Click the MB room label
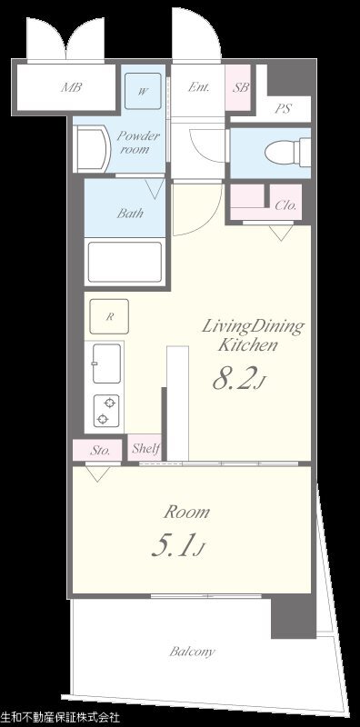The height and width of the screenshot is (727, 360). pos(72,87)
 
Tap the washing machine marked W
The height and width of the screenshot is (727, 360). pos(143,90)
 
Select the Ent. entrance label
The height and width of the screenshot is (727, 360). pos(198,87)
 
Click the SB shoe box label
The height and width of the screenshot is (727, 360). pos(240,87)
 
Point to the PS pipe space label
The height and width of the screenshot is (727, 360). pos(283,109)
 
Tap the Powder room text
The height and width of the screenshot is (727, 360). pos(138,143)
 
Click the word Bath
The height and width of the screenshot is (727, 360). pos(130,214)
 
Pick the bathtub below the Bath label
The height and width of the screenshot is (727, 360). pos(125,262)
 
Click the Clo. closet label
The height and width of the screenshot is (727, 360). pos(285,205)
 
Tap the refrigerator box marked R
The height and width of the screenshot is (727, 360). pos(109,316)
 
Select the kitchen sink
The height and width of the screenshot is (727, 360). pos(106,363)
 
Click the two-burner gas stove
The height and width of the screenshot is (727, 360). pos(106,411)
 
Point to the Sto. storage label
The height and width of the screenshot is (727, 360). pos(100,450)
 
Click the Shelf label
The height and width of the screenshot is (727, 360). pos(146,448)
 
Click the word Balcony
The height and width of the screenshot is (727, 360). pos(192,652)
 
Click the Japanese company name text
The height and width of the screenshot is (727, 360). pos(60,718)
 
